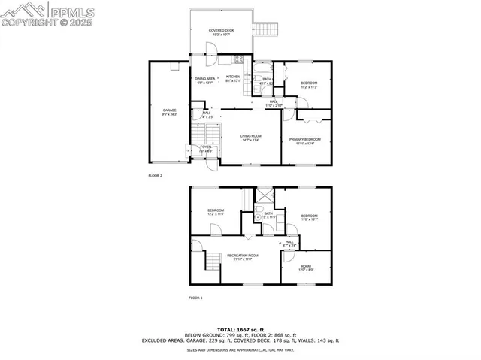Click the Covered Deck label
220,32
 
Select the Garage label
170,113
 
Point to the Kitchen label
234,78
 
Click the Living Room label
250,138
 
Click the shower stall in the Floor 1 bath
265,195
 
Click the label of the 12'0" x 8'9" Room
306,267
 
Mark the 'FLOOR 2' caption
155,175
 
